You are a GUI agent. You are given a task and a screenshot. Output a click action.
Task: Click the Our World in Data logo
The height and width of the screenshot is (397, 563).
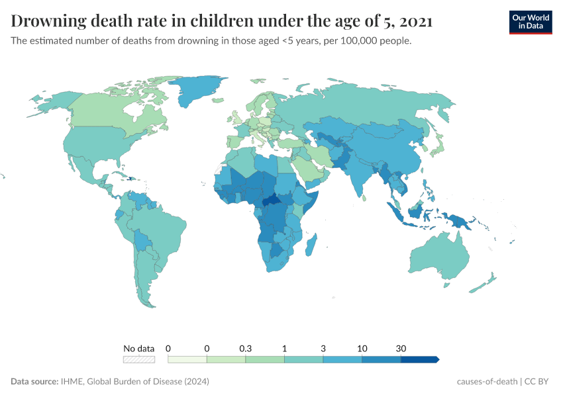530,21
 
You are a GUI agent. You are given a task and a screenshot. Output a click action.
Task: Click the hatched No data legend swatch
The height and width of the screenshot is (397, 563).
139,359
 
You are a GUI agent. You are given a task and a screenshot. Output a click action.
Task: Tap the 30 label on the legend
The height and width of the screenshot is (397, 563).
401,348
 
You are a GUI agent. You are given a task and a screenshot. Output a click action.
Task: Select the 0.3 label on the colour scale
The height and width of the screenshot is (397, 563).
246,348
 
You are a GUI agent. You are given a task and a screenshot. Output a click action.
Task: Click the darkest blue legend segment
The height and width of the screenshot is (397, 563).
419,359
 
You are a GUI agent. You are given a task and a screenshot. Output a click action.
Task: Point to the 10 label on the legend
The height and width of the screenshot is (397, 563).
362,348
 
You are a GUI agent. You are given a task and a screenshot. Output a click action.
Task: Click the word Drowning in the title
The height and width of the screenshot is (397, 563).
50,21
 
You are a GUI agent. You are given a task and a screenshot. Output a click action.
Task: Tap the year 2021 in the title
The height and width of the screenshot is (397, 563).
417,21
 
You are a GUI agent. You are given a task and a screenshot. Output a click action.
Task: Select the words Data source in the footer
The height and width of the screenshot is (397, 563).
34,382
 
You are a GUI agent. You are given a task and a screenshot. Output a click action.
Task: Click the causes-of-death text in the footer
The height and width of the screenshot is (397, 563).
487,382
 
